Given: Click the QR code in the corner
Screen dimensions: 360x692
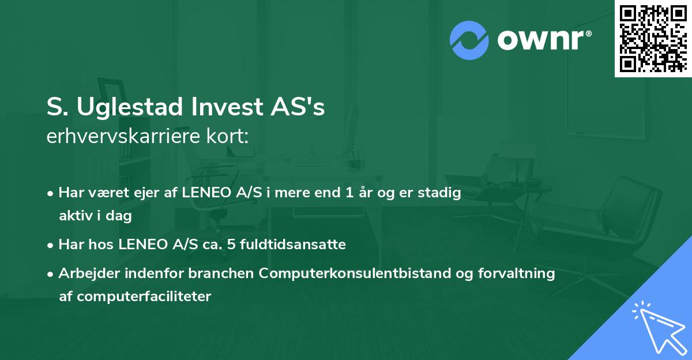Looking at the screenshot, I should click(x=653, y=38).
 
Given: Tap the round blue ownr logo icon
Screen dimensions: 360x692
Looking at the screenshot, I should click(x=469, y=40).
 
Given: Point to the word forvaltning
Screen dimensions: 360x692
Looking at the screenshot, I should click(x=517, y=273).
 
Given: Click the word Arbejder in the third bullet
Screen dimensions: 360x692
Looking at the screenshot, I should click(x=85, y=273).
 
